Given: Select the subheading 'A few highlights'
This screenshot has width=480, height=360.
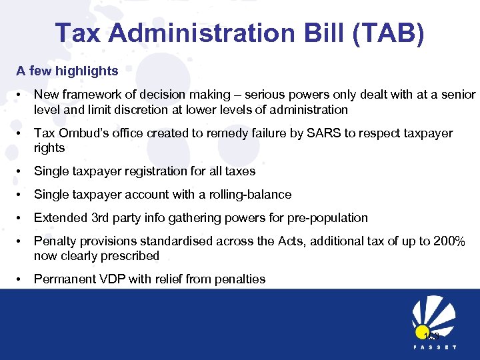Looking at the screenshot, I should [67, 71].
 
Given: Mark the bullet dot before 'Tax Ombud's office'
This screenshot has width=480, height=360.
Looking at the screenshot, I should [20, 133].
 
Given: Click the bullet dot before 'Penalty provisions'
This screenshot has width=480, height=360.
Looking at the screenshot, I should [20, 241].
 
